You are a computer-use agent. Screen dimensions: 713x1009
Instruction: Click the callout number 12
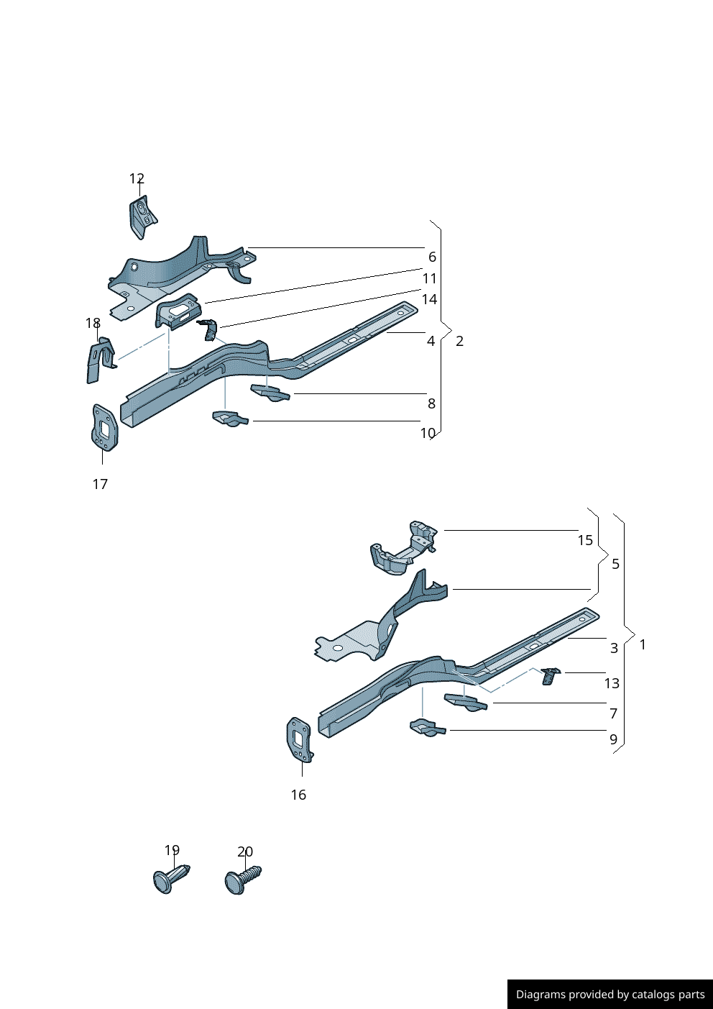tap(137, 179)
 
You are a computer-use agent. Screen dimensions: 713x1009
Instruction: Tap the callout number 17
tap(100, 484)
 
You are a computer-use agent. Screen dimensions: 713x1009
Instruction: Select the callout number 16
tap(298, 795)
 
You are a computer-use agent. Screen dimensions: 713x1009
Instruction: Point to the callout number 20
tap(245, 852)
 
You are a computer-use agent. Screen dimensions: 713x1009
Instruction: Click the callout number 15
tap(585, 540)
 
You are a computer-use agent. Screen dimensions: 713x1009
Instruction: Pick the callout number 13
tap(612, 683)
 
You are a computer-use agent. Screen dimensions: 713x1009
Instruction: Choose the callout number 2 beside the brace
tap(459, 341)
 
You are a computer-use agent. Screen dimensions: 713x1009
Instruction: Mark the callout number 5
tap(615, 564)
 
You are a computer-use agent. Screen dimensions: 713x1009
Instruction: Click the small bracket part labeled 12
tap(143, 216)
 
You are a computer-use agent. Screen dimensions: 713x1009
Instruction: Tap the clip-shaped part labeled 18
tap(100, 360)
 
